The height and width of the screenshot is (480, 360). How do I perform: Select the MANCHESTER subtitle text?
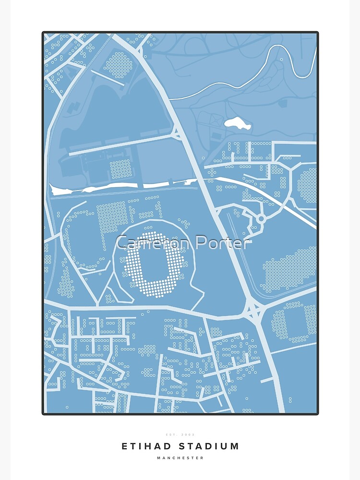tap(180, 458)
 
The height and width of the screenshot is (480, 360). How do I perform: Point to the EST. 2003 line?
tap(180, 434)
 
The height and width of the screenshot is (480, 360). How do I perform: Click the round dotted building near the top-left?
tap(118, 65)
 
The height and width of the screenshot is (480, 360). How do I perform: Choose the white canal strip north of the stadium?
tap(120, 185)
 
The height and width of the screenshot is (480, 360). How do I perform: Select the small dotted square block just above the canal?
tap(120, 169)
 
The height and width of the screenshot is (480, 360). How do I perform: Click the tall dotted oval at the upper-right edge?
tap(307, 185)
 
